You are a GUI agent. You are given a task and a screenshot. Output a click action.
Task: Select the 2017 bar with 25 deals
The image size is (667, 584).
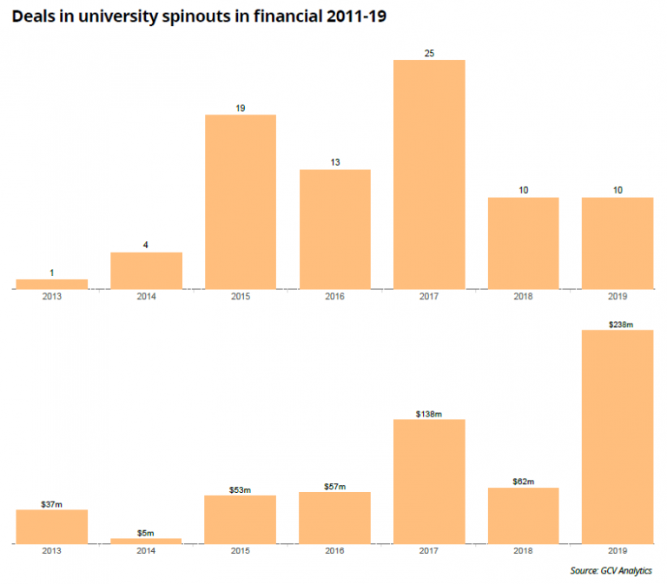[x=429, y=174]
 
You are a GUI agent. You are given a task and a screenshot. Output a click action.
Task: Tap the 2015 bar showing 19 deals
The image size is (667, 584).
[x=241, y=201]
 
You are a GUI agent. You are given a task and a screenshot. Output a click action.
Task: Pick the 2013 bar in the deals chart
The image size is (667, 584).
[x=52, y=284]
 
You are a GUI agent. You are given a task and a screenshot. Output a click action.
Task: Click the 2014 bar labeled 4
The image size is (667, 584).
[x=146, y=270]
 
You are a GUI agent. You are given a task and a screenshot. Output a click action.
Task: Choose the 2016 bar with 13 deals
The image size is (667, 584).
[x=334, y=228]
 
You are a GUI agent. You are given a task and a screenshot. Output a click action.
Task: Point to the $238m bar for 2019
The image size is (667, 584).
[x=617, y=436]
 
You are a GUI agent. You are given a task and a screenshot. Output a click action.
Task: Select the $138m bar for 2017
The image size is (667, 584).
[x=429, y=482]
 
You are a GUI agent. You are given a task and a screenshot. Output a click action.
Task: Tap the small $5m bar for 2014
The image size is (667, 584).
[x=146, y=541]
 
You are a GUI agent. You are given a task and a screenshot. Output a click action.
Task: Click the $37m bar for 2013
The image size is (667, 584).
[x=52, y=526]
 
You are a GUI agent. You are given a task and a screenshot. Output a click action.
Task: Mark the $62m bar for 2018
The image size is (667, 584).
[x=523, y=515]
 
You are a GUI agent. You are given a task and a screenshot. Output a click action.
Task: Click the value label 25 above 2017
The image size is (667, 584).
[x=429, y=54]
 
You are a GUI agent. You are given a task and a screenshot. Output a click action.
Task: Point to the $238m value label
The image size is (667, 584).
[x=617, y=325]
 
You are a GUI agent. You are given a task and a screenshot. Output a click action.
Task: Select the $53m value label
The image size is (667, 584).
[x=241, y=490]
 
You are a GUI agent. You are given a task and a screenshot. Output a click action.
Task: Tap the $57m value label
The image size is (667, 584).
[x=334, y=487]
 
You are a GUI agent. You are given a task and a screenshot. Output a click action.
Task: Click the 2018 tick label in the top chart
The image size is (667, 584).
[x=523, y=297]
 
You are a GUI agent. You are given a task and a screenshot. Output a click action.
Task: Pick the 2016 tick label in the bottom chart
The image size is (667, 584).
[x=334, y=551]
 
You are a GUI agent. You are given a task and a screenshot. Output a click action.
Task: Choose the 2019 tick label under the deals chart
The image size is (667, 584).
[x=617, y=297]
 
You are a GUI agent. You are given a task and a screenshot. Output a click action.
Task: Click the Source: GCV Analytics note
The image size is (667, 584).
[x=611, y=570]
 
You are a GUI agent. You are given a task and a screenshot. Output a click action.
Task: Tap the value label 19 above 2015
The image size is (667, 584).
[x=241, y=108]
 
